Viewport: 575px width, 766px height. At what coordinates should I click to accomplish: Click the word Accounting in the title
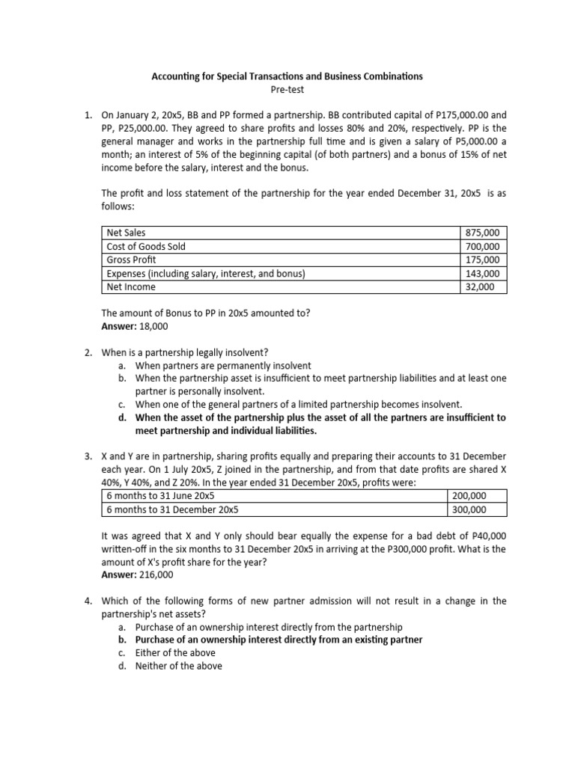(177, 76)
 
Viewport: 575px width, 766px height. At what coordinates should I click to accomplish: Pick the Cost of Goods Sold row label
(147, 246)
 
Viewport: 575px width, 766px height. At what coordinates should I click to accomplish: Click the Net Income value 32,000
(480, 287)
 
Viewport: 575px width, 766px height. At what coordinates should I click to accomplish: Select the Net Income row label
(131, 287)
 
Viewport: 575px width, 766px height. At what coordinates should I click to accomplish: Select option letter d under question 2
(121, 417)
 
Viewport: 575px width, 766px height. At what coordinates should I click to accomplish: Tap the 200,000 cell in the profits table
(468, 496)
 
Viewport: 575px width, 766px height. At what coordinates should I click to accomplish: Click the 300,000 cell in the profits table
(468, 509)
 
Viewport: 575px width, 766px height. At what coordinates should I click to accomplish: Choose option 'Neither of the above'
(179, 666)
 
